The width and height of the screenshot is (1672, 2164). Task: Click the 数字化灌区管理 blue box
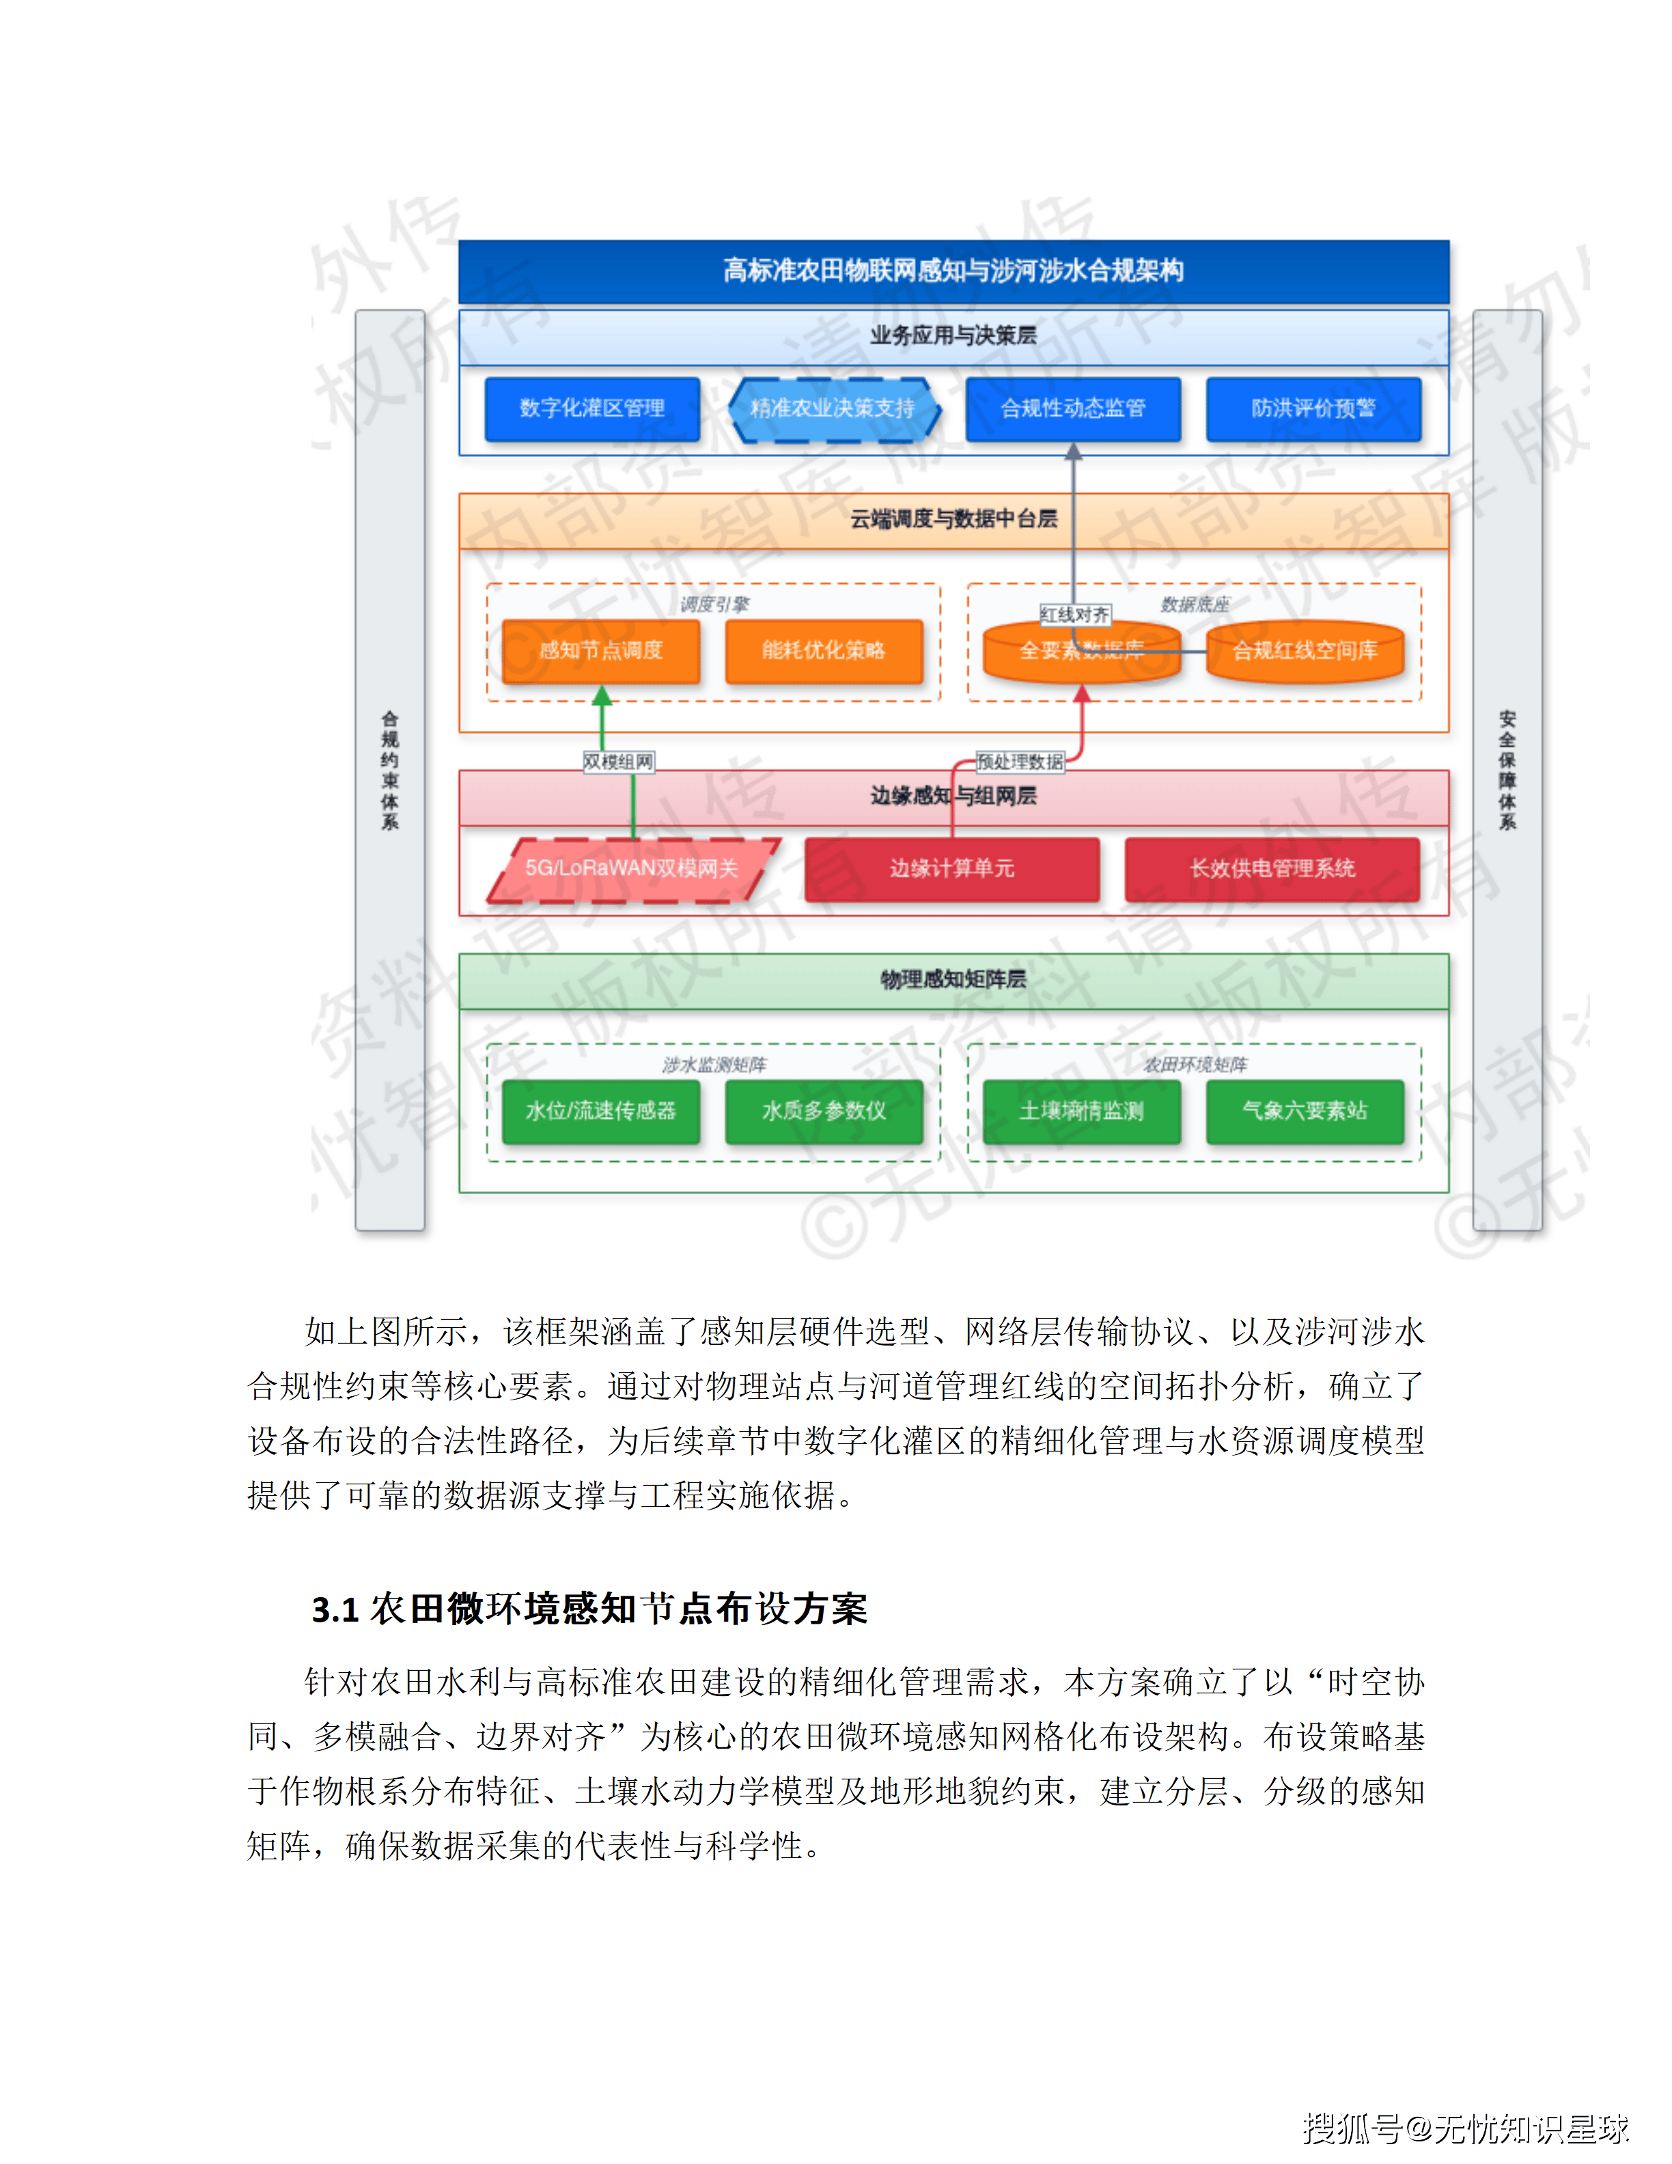pyautogui.click(x=591, y=408)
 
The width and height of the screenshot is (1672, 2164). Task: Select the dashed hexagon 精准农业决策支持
pyautogui.click(x=833, y=408)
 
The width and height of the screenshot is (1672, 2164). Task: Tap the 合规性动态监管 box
pyautogui.click(x=1073, y=408)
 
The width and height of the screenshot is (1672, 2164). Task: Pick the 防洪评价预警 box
pyautogui.click(x=1313, y=408)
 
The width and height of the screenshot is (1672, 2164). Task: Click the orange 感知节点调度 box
pyautogui.click(x=600, y=651)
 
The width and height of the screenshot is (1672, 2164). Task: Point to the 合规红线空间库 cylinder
pyautogui.click(x=1305, y=651)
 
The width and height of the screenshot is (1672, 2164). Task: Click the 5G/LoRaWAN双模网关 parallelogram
pyautogui.click(x=632, y=869)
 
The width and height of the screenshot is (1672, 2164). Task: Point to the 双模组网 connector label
pyautogui.click(x=618, y=762)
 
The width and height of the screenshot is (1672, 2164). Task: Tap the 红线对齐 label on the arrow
pyautogui.click(x=1075, y=615)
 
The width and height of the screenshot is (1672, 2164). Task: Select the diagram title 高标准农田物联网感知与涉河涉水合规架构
pyautogui.click(x=953, y=270)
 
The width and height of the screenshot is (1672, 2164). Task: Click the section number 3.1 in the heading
pyautogui.click(x=335, y=1610)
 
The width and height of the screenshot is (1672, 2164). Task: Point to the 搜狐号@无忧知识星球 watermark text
pyautogui.click(x=1465, y=2128)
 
